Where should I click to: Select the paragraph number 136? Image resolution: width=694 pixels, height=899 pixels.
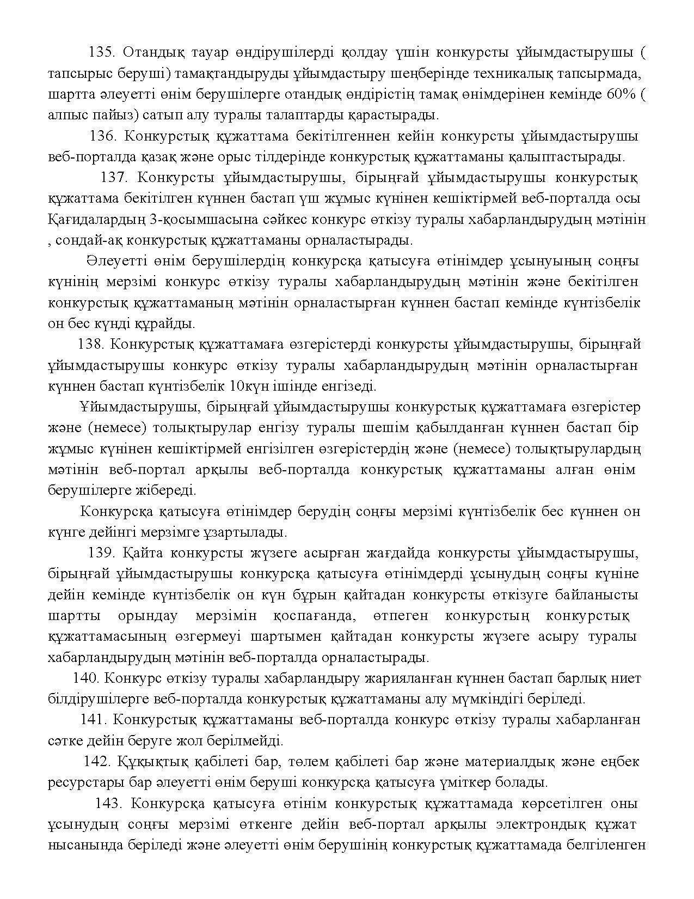click(101, 136)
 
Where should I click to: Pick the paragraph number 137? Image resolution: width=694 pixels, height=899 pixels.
click(113, 178)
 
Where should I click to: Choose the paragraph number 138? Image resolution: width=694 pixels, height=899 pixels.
click(90, 345)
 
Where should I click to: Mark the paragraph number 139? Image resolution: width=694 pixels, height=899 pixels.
click(101, 554)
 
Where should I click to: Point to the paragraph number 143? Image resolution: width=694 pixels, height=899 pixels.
click(108, 804)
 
